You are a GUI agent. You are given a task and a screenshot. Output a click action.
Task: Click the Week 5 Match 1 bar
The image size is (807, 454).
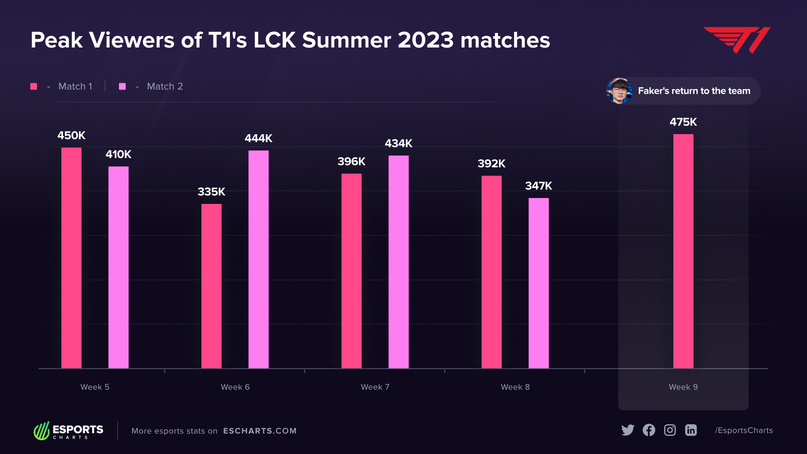coord(71,258)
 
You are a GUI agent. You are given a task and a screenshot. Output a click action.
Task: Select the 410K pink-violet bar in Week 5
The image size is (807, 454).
coord(119,267)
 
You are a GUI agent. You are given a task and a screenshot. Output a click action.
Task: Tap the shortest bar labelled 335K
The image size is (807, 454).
coord(211,286)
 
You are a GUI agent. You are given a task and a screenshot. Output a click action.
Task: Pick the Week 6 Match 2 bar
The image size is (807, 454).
coord(258,259)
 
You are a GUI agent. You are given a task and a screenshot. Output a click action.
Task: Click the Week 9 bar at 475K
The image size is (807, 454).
coord(683,251)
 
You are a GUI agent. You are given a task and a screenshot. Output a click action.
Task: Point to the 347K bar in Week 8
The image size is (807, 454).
coord(538,283)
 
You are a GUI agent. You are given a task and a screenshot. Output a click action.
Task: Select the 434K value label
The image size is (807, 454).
coord(398,143)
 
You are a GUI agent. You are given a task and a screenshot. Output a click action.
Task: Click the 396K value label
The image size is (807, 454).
coord(351,161)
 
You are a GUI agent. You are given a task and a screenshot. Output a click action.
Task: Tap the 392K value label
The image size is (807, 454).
coord(491,164)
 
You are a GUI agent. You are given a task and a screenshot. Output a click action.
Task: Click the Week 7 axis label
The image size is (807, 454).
coord(375,387)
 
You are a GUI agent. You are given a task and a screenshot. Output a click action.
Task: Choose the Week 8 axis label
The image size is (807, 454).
coord(515,387)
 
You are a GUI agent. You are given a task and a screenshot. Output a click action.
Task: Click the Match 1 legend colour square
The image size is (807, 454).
coord(34,86)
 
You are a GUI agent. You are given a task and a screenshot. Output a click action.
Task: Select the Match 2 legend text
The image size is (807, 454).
coord(165,86)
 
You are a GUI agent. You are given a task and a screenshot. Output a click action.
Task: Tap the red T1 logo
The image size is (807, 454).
coord(737,40)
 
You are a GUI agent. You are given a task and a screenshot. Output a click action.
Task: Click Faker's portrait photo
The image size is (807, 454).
coord(619,91)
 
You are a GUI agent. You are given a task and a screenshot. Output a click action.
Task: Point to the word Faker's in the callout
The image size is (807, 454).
coord(653,91)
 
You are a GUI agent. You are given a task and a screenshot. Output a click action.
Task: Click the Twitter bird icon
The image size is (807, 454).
coord(628,430)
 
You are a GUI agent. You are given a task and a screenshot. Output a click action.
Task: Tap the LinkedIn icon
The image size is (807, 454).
coord(691,430)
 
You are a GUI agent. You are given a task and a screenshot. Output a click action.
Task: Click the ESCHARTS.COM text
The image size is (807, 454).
coord(260,431)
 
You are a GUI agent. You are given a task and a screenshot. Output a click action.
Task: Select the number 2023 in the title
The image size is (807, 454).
coord(425,40)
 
